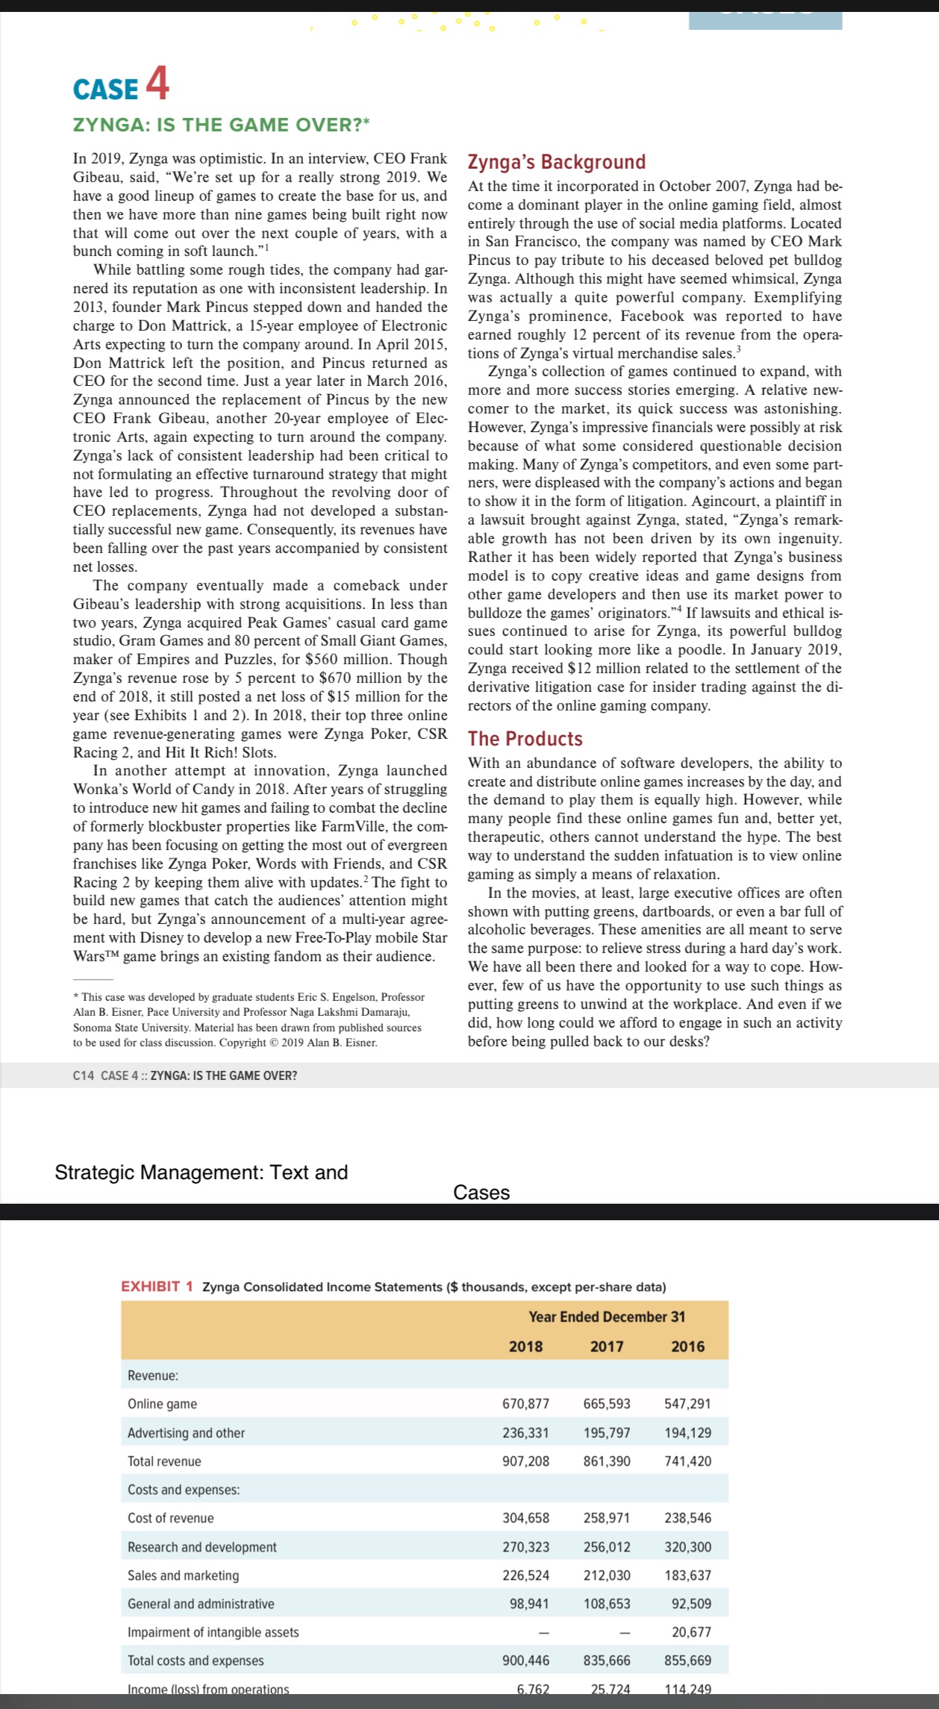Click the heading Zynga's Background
[x=556, y=162]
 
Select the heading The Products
[x=525, y=739]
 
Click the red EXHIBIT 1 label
[x=157, y=1287]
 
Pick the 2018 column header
[x=525, y=1346]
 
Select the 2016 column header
[x=687, y=1346]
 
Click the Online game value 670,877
[x=525, y=1404]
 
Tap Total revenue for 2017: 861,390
[x=607, y=1461]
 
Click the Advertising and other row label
[x=186, y=1433]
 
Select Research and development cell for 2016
[x=687, y=1547]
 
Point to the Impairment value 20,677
[x=691, y=1632]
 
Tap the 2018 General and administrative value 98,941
[x=529, y=1604]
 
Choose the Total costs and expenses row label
[x=196, y=1660]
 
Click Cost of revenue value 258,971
[x=607, y=1518]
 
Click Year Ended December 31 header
[x=607, y=1316]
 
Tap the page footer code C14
[x=84, y=1075]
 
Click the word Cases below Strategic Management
[x=481, y=1193]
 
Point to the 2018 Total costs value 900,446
[x=525, y=1660]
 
